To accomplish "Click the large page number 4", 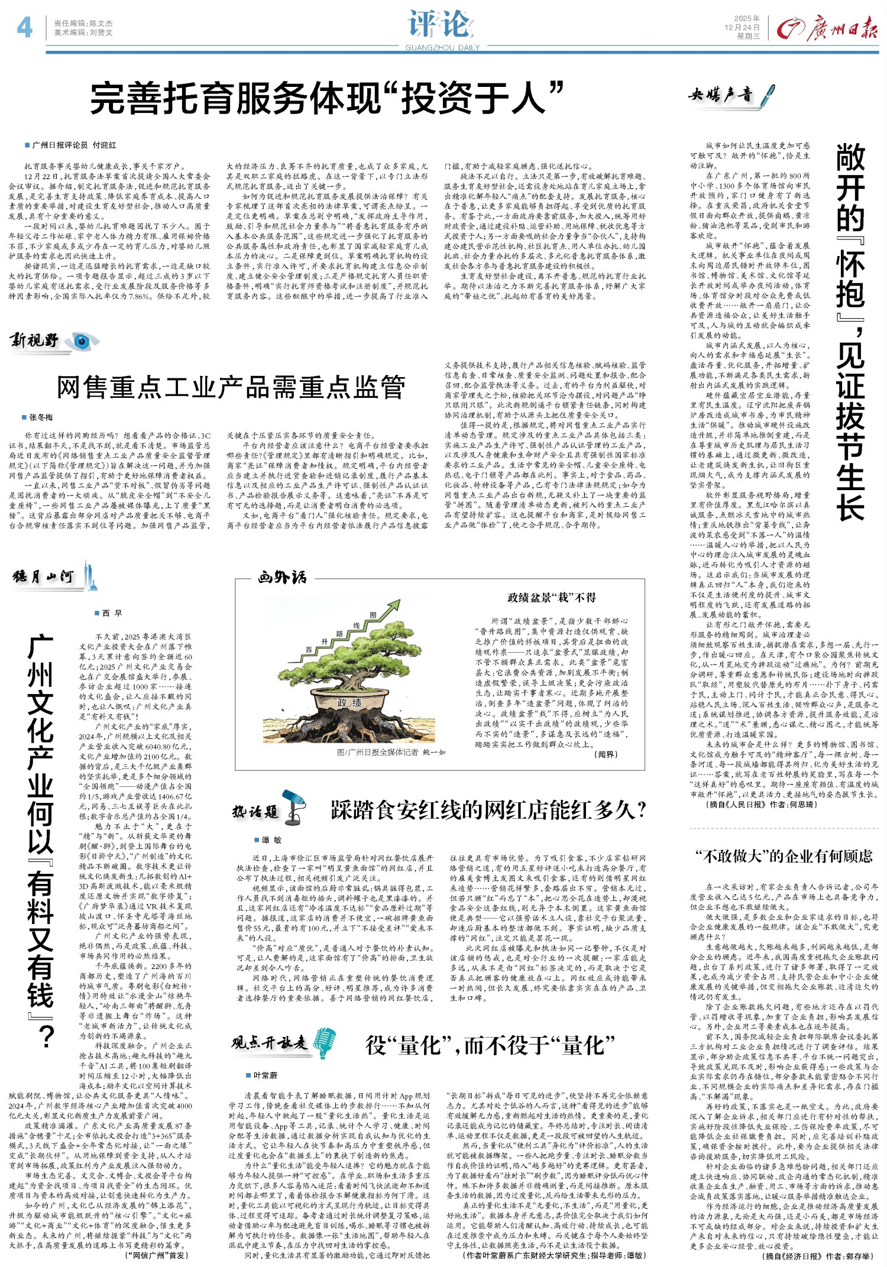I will click(24, 27).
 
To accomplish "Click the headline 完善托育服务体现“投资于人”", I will click(326, 98).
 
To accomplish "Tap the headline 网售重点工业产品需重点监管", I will click(231, 387).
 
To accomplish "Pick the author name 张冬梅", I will click(41, 417).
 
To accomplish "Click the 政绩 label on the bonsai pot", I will click(349, 703).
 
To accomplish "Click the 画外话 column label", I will click(282, 577).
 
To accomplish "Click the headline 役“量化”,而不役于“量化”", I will click(490, 1045).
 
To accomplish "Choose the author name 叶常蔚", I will click(265, 1075).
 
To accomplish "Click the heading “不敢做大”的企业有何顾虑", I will click(784, 856).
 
